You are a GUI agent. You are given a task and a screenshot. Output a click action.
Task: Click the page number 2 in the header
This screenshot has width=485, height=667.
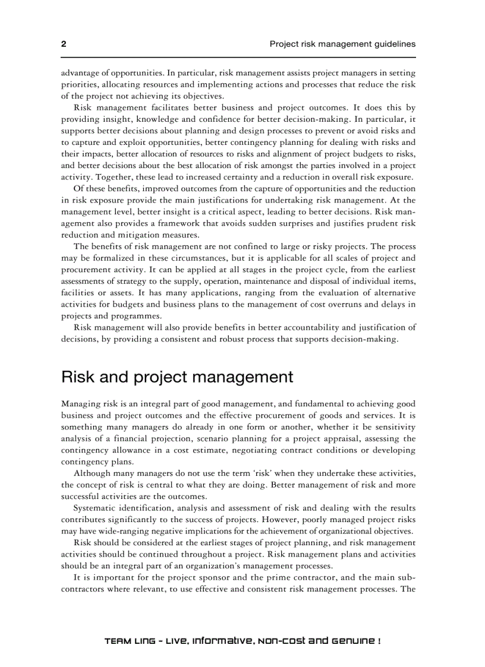[64, 44]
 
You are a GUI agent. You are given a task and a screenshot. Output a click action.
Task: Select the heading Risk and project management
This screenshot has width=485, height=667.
[177, 377]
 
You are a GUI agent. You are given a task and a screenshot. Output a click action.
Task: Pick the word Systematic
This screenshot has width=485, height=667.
[96, 508]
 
